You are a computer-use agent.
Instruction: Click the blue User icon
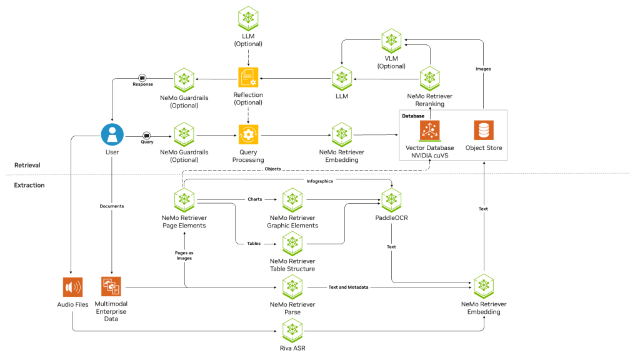112,134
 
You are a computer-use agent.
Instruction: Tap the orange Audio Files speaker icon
73,287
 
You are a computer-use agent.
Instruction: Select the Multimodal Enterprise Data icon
111,287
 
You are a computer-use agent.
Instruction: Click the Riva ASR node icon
292,329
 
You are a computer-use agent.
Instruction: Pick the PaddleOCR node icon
392,201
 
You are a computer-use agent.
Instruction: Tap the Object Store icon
483,131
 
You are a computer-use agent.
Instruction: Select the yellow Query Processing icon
248,134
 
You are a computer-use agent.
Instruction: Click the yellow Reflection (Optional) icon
248,78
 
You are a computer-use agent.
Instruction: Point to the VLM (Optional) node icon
392,40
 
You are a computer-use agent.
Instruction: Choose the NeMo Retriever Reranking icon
429,78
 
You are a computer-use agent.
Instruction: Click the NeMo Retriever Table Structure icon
292,243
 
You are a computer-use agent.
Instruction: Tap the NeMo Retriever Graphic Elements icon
292,201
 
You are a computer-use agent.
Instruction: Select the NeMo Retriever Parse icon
292,287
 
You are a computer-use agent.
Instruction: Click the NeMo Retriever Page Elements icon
184,201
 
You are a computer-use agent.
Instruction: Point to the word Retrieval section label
27,165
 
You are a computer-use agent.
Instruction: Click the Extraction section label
29,185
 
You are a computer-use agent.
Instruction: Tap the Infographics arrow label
319,181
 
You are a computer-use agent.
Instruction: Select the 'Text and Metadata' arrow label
348,287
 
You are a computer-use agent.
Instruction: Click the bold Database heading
413,116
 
